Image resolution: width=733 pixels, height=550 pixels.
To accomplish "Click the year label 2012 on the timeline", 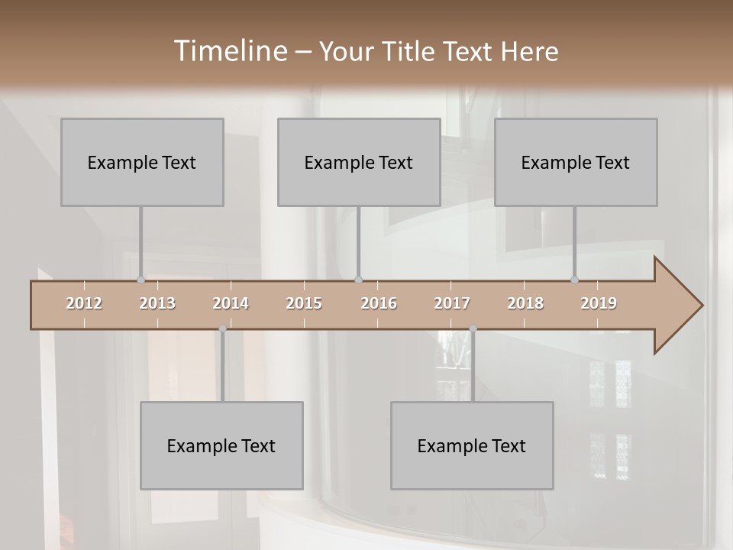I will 84,303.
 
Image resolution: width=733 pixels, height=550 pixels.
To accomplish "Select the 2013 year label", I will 157,303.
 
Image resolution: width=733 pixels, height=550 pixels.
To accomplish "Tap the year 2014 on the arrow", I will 231,303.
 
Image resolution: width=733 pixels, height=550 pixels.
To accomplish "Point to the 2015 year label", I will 304,303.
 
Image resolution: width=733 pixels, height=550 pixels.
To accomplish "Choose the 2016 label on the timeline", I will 379,303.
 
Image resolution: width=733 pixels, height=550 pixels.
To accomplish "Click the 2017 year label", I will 452,303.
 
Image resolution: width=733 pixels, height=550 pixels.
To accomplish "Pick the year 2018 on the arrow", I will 525,303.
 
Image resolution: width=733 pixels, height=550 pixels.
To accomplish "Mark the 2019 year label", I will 599,303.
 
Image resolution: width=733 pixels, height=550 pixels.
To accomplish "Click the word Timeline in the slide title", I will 229,51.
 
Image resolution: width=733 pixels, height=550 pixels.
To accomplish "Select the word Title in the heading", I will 410,52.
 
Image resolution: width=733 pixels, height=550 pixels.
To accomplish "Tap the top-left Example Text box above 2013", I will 142,162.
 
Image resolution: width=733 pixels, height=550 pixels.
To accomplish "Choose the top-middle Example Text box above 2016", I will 359,162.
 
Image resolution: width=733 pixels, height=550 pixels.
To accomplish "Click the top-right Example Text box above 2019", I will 576,162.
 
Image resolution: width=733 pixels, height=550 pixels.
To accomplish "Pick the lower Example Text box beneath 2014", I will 221,445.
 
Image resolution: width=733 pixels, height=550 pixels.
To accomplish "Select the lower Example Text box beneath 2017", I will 472,445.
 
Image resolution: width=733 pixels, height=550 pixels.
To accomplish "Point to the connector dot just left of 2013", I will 140,280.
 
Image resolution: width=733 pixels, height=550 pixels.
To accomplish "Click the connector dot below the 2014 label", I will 222,328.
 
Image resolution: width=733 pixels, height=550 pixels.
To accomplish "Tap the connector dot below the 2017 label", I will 473,328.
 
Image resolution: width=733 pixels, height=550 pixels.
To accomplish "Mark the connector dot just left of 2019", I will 574,280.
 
